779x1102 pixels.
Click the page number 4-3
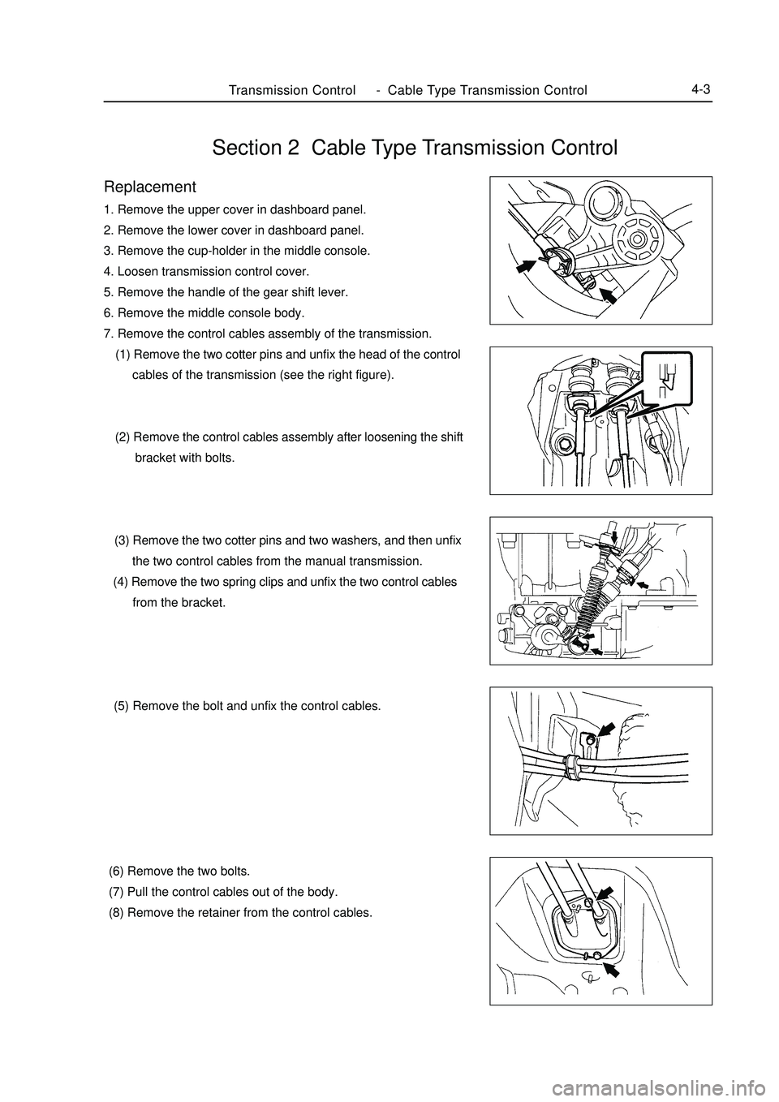coord(701,89)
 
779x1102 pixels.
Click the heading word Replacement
coord(150,187)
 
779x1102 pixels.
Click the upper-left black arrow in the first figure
coord(527,265)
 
